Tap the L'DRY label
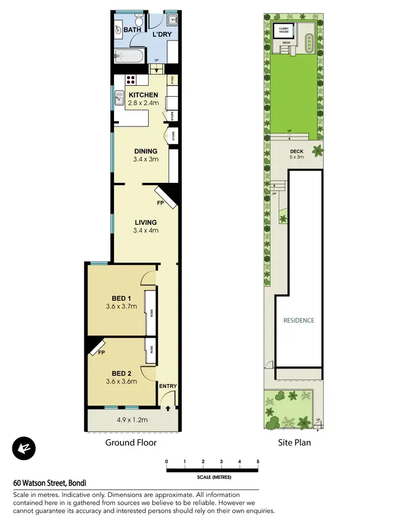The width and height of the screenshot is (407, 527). [x=162, y=34]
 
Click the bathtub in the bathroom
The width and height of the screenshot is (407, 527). [x=129, y=55]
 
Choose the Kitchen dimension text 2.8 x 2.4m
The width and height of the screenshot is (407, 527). [x=143, y=103]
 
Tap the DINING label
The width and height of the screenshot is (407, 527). [x=146, y=151]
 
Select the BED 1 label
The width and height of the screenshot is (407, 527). [x=121, y=298]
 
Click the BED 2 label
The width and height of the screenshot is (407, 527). [x=121, y=373]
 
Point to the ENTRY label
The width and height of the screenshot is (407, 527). [x=168, y=386]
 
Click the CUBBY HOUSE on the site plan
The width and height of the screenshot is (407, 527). [x=283, y=30]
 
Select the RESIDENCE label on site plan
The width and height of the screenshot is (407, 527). [x=299, y=320]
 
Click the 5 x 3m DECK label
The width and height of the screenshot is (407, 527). [x=296, y=154]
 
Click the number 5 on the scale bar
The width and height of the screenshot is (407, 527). [x=258, y=461]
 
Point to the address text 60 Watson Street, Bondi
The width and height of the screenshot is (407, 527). [x=50, y=482]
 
